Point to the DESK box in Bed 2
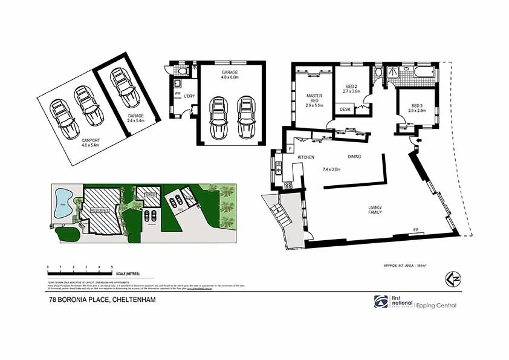[x=345, y=110]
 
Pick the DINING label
[x=355, y=157]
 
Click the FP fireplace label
[x=415, y=229]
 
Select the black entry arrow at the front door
[x=414, y=142]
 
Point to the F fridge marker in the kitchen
[x=290, y=148]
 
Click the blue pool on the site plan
[x=62, y=204]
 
